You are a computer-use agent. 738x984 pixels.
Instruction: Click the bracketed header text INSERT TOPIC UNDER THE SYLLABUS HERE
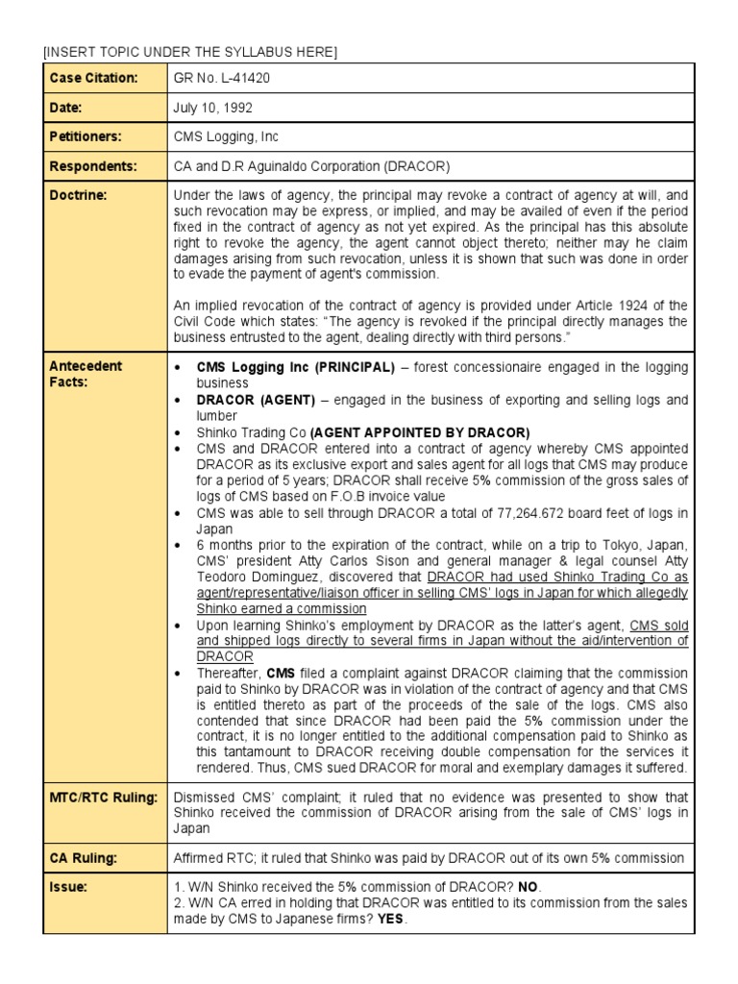[x=190, y=51]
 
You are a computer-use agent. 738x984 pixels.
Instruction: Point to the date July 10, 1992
[x=213, y=107]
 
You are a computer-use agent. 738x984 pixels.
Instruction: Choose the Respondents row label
[x=92, y=166]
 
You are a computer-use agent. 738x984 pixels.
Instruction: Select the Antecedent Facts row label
[x=86, y=374]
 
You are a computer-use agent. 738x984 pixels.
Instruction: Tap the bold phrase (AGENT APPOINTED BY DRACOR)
[x=420, y=432]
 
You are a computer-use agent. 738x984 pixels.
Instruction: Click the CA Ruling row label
[x=84, y=857]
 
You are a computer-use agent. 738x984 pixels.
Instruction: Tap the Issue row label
[x=67, y=887]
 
